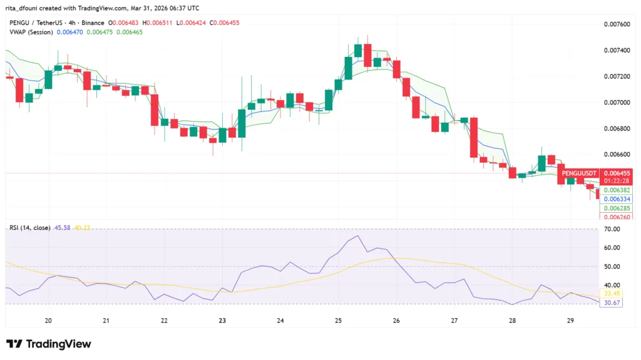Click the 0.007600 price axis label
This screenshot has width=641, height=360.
coord(616,24)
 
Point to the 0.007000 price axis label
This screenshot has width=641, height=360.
coord(616,102)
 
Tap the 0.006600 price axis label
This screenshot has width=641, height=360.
coord(616,154)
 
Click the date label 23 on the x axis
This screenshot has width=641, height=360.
coord(222,321)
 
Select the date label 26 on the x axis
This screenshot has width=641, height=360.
coord(396,321)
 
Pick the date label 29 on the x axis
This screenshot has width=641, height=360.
coord(570,321)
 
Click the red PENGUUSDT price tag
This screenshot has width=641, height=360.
coord(580,173)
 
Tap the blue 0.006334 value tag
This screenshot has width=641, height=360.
coord(616,199)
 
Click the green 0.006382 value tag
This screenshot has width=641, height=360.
coord(616,190)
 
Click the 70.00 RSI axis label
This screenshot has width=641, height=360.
coord(612,230)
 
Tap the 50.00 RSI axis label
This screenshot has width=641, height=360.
coord(612,267)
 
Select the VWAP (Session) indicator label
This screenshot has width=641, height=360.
coord(31,31)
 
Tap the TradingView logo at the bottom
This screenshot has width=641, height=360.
coord(49,344)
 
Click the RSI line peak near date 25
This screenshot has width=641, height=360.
coord(357,236)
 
